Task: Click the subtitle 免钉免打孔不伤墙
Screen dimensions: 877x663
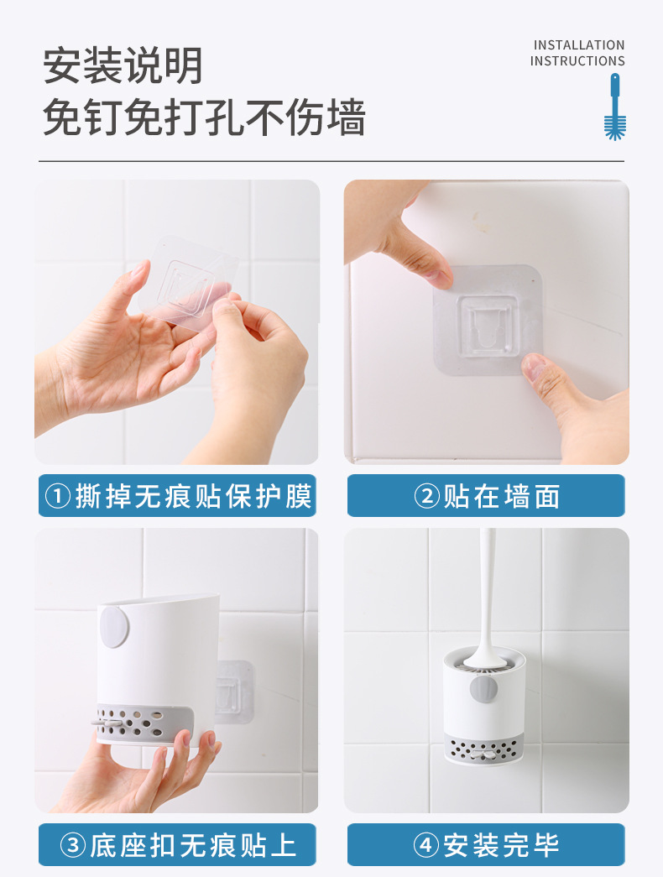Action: pos(204,117)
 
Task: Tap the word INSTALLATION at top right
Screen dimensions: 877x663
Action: pos(579,45)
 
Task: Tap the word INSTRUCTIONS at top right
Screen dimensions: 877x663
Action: pos(577,61)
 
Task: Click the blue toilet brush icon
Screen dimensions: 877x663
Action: pos(615,107)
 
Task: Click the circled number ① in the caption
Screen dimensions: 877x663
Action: pos(57,497)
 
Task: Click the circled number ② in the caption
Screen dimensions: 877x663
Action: pos(426,497)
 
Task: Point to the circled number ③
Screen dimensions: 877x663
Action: pos(73,845)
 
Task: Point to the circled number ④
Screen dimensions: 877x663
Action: pos(426,845)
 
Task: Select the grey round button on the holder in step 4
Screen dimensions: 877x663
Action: pos(483,689)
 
